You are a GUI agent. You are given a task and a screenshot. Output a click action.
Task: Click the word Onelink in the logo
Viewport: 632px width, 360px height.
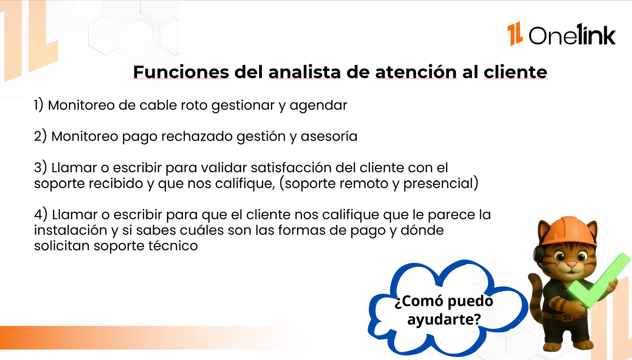click(x=572, y=35)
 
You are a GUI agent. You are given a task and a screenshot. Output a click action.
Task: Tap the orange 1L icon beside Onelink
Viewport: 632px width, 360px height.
click(x=515, y=34)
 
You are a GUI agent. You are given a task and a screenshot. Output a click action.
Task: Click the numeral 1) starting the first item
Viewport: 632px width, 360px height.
click(x=39, y=105)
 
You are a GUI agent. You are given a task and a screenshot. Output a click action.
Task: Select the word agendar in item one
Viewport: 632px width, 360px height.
click(x=318, y=106)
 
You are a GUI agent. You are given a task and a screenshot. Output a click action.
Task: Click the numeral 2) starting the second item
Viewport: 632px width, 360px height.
click(x=40, y=136)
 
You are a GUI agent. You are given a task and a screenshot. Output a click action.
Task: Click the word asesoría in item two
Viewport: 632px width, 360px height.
click(x=329, y=136)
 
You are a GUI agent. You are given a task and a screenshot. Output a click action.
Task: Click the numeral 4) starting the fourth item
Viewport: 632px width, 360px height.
click(x=41, y=214)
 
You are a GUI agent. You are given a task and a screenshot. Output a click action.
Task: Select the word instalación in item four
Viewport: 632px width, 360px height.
click(x=71, y=230)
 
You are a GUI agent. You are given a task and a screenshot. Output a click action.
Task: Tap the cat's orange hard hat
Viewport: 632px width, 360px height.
click(x=569, y=231)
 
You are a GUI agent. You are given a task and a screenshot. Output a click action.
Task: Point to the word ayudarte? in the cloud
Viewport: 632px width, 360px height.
click(x=444, y=319)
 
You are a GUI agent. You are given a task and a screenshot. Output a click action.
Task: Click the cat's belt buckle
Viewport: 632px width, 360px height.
click(x=567, y=317)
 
